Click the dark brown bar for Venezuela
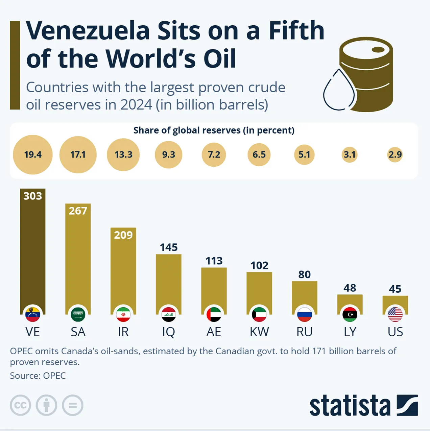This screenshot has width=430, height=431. coord(32,254)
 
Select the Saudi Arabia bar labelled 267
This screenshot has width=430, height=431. coord(78,260)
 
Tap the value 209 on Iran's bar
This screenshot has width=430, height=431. coord(123,235)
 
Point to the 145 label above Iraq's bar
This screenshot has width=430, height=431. coord(169,247)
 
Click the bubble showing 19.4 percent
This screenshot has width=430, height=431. coord(33,154)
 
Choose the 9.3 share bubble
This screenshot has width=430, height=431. coord(168,154)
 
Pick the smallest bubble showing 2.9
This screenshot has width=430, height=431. coord(395,154)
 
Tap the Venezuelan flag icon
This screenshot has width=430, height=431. coord(32,314)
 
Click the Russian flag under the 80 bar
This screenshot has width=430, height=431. coord(304,314)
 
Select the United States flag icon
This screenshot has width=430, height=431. coord(395,314)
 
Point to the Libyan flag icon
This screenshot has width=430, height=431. coord(350,314)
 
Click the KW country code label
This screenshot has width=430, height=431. coord(259,332)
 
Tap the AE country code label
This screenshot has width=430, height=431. coord(214,332)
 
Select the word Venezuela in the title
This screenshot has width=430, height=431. coord(88,31)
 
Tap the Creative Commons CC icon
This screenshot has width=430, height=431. coord(20,405)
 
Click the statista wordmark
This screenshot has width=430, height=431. coord(350,405)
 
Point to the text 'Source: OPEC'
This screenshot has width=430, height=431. coord(38,376)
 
